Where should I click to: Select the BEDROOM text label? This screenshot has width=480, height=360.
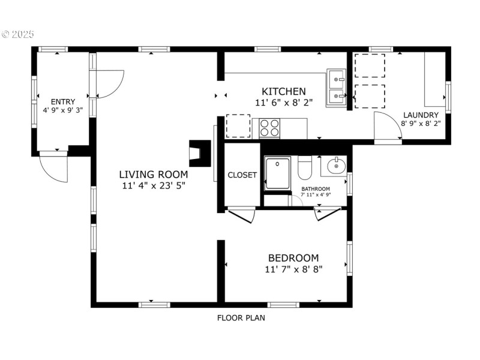[293, 257]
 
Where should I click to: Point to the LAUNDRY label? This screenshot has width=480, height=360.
[421, 115]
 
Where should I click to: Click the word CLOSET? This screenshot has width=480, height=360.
[242, 175]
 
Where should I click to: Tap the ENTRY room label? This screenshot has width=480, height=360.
[63, 101]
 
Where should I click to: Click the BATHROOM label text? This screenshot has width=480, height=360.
[316, 188]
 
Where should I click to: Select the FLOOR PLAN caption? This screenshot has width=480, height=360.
[241, 318]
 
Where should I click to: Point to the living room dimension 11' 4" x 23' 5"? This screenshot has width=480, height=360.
[154, 186]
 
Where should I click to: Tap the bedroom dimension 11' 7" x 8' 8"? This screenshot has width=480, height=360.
[293, 269]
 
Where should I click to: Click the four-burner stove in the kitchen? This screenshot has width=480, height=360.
[270, 128]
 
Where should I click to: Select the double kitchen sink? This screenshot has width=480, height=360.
[336, 88]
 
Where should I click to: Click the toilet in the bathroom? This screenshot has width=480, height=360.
[305, 169]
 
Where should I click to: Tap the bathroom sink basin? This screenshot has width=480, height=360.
[337, 165]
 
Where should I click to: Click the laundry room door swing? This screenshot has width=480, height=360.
[387, 127]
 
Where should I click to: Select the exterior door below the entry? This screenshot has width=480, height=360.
[54, 167]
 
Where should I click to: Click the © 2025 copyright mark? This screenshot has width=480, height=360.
[19, 34]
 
